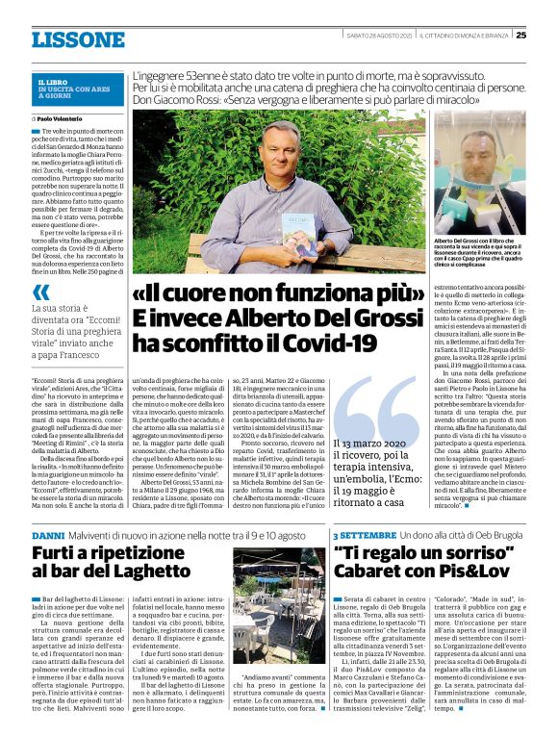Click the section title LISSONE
(x=78, y=39)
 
